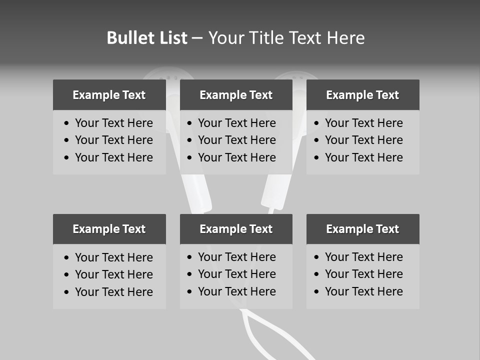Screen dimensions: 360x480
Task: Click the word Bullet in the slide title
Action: [127, 38]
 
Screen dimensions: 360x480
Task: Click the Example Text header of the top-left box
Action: [109, 95]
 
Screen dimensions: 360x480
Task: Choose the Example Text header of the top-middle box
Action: [236, 95]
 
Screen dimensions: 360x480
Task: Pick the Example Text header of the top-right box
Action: [362, 95]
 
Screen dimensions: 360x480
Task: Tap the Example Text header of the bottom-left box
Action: [109, 229]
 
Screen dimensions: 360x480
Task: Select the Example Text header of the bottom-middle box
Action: [236, 229]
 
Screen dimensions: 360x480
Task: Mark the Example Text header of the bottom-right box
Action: [362, 229]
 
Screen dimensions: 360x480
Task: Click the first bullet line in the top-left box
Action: [113, 123]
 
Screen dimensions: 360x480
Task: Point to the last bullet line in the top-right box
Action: [363, 157]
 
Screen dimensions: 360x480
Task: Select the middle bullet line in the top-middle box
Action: [236, 140]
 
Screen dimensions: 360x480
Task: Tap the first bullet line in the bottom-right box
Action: [363, 257]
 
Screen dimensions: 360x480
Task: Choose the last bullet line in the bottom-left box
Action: [113, 292]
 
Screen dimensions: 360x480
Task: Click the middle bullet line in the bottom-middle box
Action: [236, 274]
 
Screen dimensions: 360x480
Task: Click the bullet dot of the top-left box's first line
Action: [67, 123]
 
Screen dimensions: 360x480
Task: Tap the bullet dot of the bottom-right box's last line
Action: [317, 292]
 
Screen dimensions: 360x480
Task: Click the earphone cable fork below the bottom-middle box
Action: [243, 313]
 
